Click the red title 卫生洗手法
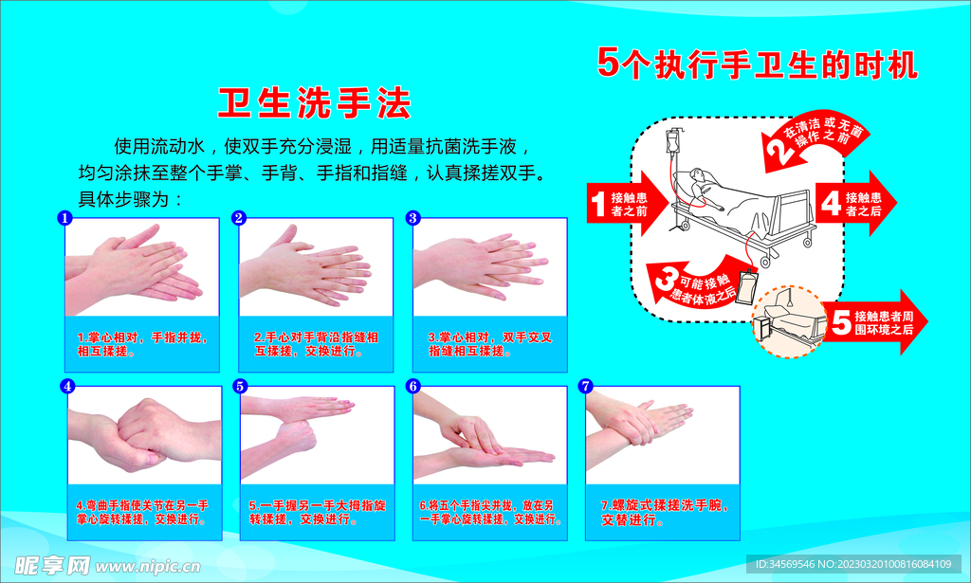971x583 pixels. coord(314,102)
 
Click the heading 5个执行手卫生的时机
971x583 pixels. coord(757,64)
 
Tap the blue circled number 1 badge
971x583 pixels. coord(64,218)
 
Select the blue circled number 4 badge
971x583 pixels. coord(67,386)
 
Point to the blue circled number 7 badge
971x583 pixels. coord(585,386)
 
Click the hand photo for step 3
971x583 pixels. coord(490,266)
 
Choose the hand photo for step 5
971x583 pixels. coord(317,435)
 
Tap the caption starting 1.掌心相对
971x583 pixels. coord(142,344)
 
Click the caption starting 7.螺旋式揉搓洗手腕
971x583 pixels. coord(665,513)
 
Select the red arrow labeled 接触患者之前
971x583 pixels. coord(626,204)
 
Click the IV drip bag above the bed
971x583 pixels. coord(671,142)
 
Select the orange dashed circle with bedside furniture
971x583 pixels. coord(788,321)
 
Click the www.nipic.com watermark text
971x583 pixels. coord(148,566)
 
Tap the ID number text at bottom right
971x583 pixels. coord(853,564)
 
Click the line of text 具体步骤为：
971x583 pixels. coord(130,199)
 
